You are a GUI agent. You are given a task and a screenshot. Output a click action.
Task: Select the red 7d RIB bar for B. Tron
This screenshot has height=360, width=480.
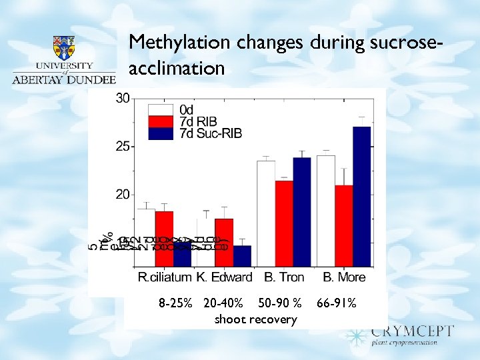(283, 223)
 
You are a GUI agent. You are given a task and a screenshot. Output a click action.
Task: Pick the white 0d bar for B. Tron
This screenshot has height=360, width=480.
(266, 213)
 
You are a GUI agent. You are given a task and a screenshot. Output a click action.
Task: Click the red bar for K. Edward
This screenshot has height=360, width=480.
(224, 242)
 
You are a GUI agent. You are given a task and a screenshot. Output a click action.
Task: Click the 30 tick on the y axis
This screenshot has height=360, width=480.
(123, 98)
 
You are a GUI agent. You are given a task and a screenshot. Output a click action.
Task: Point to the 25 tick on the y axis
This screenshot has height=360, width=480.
(123, 147)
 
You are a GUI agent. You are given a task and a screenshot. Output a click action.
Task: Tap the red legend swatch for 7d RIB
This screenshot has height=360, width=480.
(161, 121)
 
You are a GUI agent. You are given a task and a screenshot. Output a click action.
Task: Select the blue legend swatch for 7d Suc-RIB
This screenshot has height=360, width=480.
(161, 133)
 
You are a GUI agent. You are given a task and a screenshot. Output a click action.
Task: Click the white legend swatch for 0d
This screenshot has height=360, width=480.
(161, 109)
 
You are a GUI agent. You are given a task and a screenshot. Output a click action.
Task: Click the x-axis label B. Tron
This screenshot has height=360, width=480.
(284, 277)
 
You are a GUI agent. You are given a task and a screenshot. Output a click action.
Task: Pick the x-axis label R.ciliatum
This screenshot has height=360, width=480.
(164, 277)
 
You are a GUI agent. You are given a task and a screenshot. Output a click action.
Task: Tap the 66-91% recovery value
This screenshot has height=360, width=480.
(337, 304)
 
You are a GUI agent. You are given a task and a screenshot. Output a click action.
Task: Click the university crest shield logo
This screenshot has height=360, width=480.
(64, 47)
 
